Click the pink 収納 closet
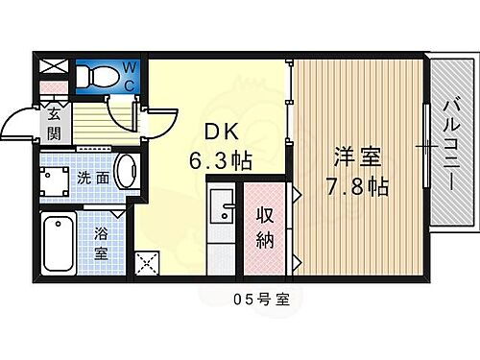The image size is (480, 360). pos(266,228)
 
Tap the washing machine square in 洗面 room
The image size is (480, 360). pos(60,180)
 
